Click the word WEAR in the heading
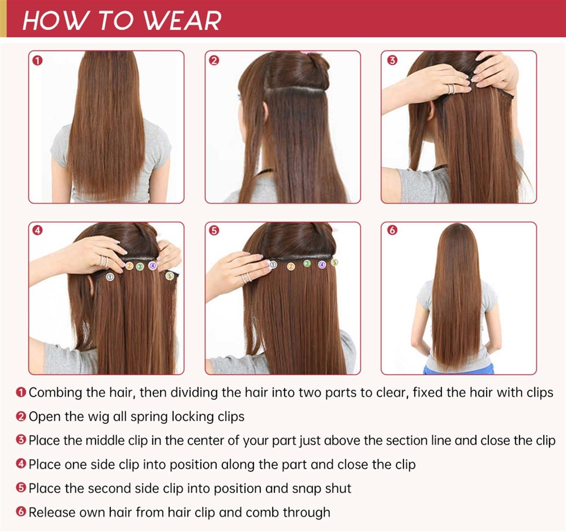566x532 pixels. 183,21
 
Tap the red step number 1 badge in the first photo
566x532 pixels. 37,60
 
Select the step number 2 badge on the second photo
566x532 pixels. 214,60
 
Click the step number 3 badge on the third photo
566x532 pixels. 392,60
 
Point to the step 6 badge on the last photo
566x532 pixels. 392,230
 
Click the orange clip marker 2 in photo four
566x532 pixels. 129,265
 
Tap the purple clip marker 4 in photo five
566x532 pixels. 322,265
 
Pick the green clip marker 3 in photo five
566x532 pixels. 307,263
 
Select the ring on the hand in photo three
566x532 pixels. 451,89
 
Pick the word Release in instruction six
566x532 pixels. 52,512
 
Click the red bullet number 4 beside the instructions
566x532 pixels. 21,464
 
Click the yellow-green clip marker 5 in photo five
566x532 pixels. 335,262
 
